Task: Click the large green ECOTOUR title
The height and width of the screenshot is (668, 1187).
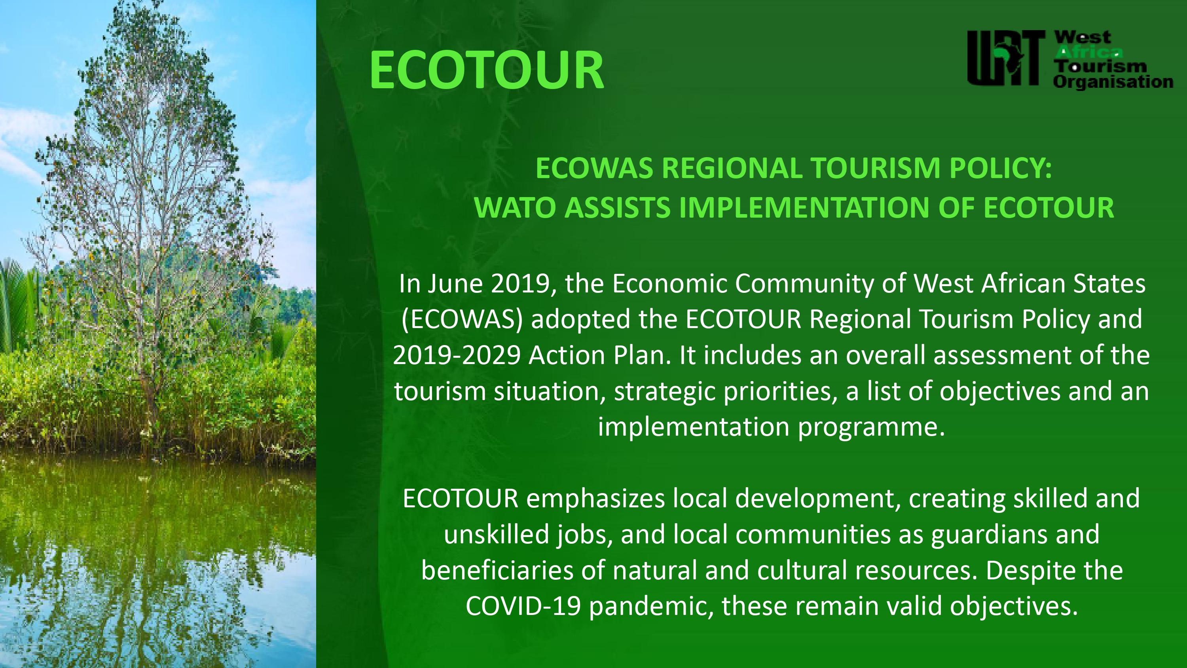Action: point(487,70)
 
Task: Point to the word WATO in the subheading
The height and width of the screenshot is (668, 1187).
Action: point(515,207)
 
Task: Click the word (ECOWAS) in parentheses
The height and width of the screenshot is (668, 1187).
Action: point(462,319)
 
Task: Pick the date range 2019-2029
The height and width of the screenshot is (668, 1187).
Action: point(457,355)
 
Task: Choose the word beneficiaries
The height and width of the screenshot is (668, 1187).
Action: point(497,571)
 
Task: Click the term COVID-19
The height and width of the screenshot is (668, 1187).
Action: point(523,607)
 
